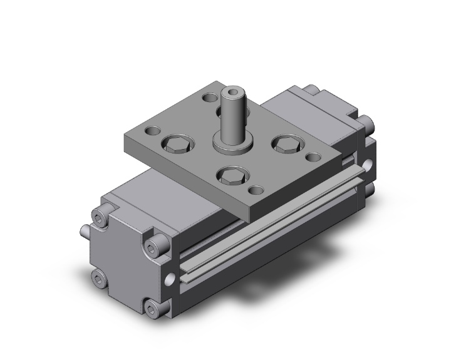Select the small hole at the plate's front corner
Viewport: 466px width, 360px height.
255,190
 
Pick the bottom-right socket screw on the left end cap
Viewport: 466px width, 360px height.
153,307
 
